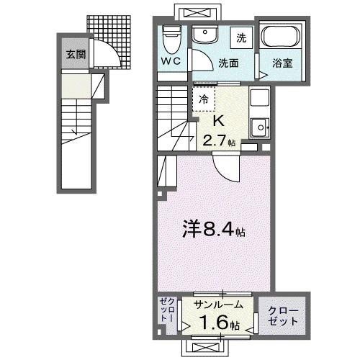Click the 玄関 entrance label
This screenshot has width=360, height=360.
point(76,55)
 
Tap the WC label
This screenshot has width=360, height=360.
point(171,61)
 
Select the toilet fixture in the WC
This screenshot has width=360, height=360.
point(171,39)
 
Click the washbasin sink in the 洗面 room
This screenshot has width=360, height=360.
point(204,34)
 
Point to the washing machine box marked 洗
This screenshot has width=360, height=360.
point(241,37)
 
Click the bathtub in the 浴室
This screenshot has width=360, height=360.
point(280,37)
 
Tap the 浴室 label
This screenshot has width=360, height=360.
point(282,63)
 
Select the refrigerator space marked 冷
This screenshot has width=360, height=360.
point(204,99)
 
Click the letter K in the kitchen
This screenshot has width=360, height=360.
point(219,121)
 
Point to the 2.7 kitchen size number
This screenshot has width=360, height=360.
point(215,140)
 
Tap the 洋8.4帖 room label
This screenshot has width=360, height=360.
point(214,228)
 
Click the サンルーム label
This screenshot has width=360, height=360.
point(218,305)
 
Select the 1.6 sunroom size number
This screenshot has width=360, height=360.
point(214,323)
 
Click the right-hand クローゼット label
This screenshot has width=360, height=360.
point(283,315)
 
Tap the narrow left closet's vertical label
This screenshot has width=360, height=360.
point(167,310)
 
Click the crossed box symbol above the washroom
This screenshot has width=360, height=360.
point(197,12)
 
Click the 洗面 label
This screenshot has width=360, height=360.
point(228,63)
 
